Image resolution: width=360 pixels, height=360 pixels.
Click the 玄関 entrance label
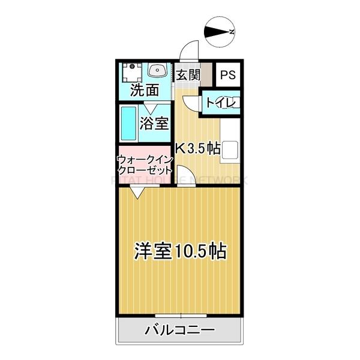[x=188, y=75]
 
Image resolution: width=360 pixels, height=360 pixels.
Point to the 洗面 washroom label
[x=146, y=91]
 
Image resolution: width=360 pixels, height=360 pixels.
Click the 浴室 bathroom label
[x=154, y=124]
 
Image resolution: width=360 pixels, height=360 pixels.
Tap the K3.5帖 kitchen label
[x=197, y=147]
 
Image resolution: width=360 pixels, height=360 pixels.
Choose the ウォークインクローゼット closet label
[x=145, y=164]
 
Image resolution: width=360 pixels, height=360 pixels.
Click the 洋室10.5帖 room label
[x=180, y=250]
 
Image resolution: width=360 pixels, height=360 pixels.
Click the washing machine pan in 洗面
[x=131, y=73]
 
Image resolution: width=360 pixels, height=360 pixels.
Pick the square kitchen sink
[x=231, y=151]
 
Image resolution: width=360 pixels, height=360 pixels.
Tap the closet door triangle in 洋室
[x=137, y=193]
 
